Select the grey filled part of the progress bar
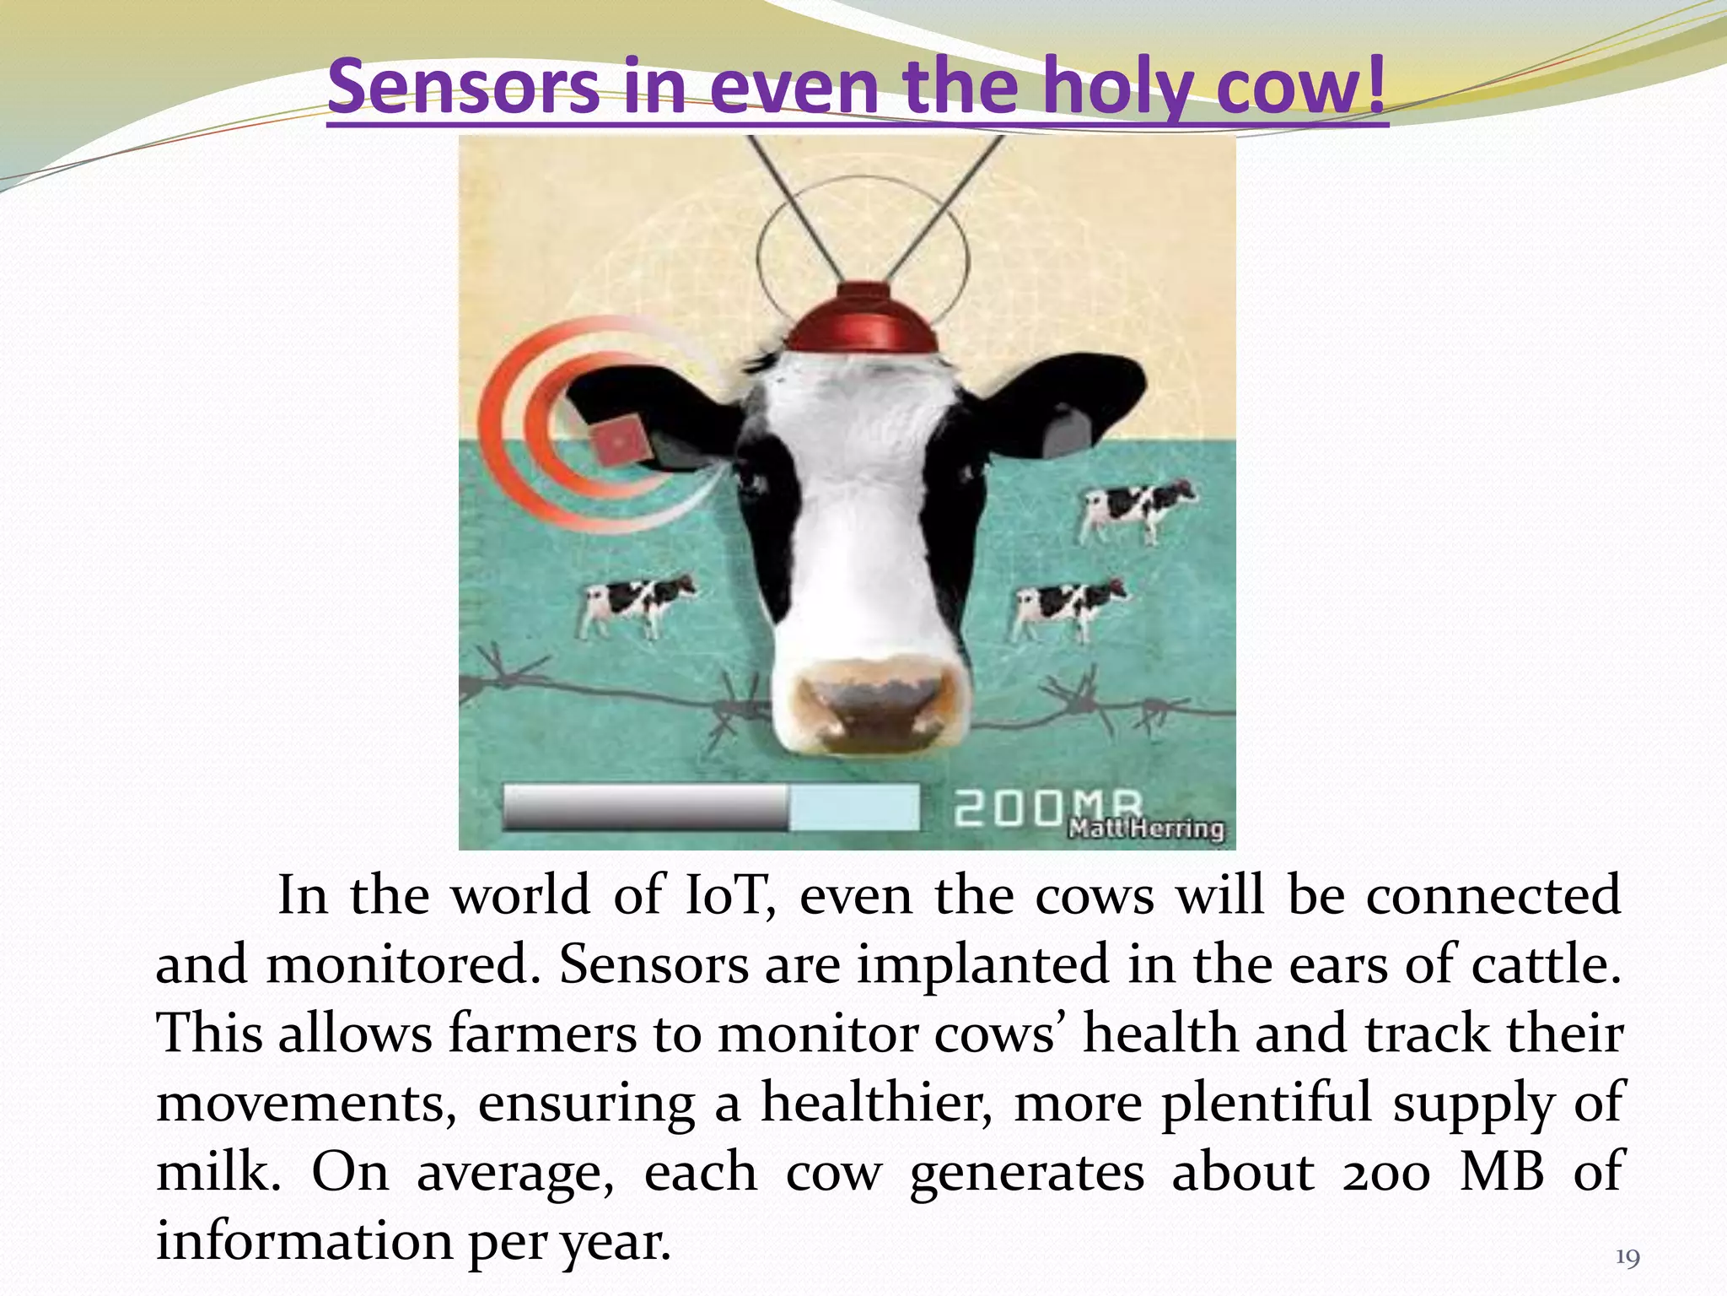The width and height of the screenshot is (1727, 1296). point(645,807)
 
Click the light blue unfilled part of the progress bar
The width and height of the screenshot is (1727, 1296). point(853,807)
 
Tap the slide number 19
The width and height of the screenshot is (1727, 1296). point(1627,1259)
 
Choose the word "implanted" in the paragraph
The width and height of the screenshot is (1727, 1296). point(983,964)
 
